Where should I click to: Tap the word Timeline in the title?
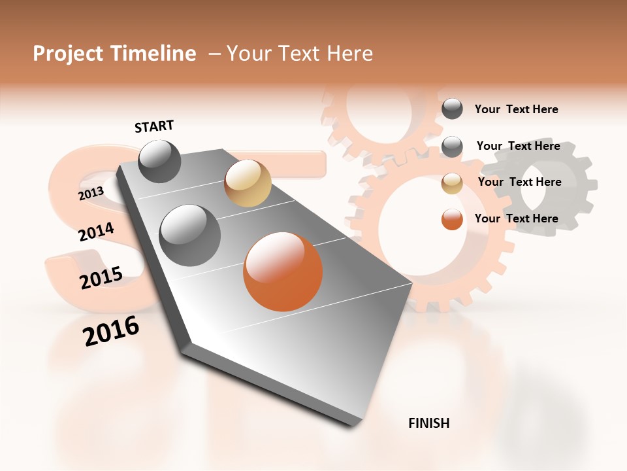[153, 54]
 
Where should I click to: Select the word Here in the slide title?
[349, 54]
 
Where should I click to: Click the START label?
[154, 126]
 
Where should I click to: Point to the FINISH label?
[428, 423]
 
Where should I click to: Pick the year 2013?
[91, 194]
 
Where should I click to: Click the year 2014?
[96, 232]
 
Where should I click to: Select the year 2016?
[111, 331]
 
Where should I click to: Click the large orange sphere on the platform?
[283, 271]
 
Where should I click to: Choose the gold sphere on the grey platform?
[248, 183]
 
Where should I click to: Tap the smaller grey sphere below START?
[160, 161]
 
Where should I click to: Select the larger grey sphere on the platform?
[190, 235]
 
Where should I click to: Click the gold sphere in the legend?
[452, 183]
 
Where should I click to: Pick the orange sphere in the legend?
[452, 219]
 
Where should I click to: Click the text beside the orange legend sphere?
[516, 218]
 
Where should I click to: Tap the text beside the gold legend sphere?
[519, 182]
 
